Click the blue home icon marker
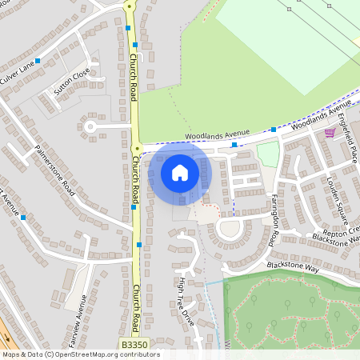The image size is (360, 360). coord(179,173)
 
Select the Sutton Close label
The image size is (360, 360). coord(71,82)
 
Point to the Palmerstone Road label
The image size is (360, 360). coord(55,170)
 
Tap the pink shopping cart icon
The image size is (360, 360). coord(330,133)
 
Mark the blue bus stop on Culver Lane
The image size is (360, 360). coord(38,61)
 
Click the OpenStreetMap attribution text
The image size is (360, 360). coord(80,354)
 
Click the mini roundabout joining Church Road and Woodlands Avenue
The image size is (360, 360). coord(137,149)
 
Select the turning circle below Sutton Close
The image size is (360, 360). coord(90,126)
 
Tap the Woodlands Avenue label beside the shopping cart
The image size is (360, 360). coord(321,117)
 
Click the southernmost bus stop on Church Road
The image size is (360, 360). coord(139,245)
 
